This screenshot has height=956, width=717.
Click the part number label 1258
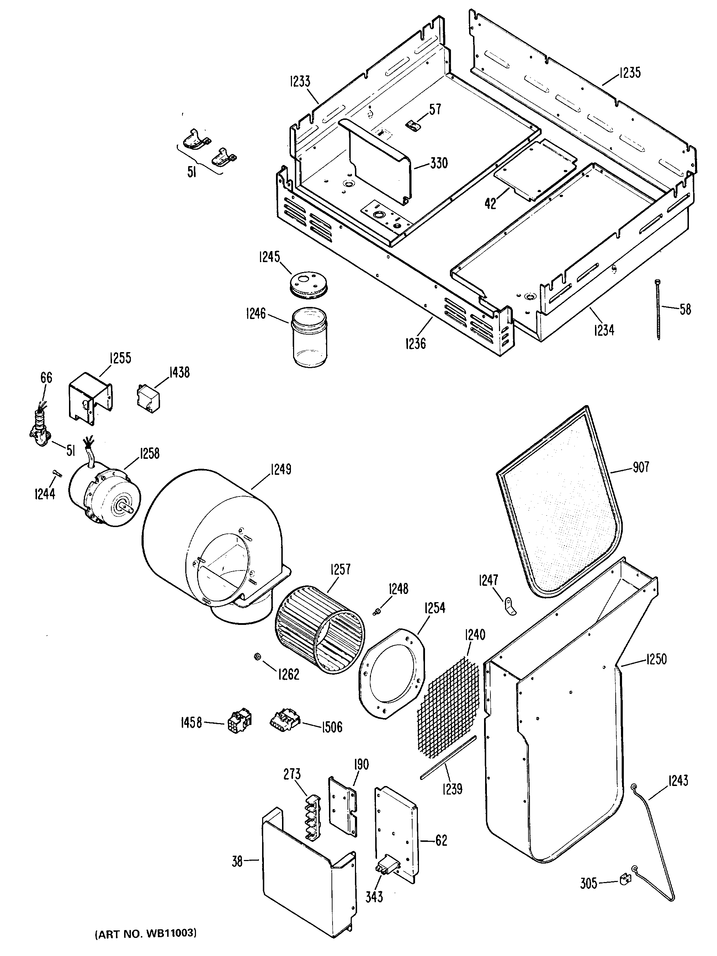click(149, 453)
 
